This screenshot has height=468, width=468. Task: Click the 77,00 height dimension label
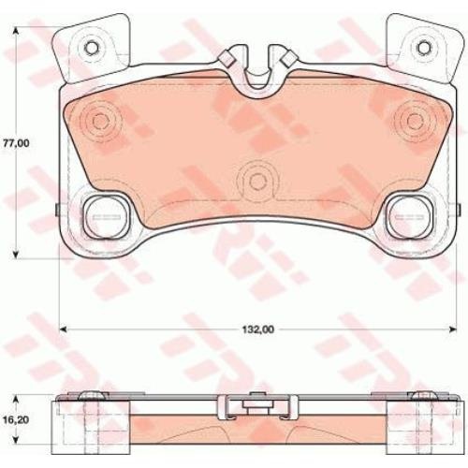(16, 143)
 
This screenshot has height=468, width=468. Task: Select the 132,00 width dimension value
(258, 329)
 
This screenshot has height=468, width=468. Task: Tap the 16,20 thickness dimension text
(16, 420)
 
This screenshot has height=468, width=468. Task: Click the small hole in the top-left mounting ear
(92, 48)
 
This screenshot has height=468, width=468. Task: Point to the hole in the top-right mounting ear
(424, 48)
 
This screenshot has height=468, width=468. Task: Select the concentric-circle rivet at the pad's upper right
(415, 120)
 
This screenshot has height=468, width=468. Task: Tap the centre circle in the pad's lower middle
(257, 181)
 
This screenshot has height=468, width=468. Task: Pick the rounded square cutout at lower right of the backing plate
(409, 217)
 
